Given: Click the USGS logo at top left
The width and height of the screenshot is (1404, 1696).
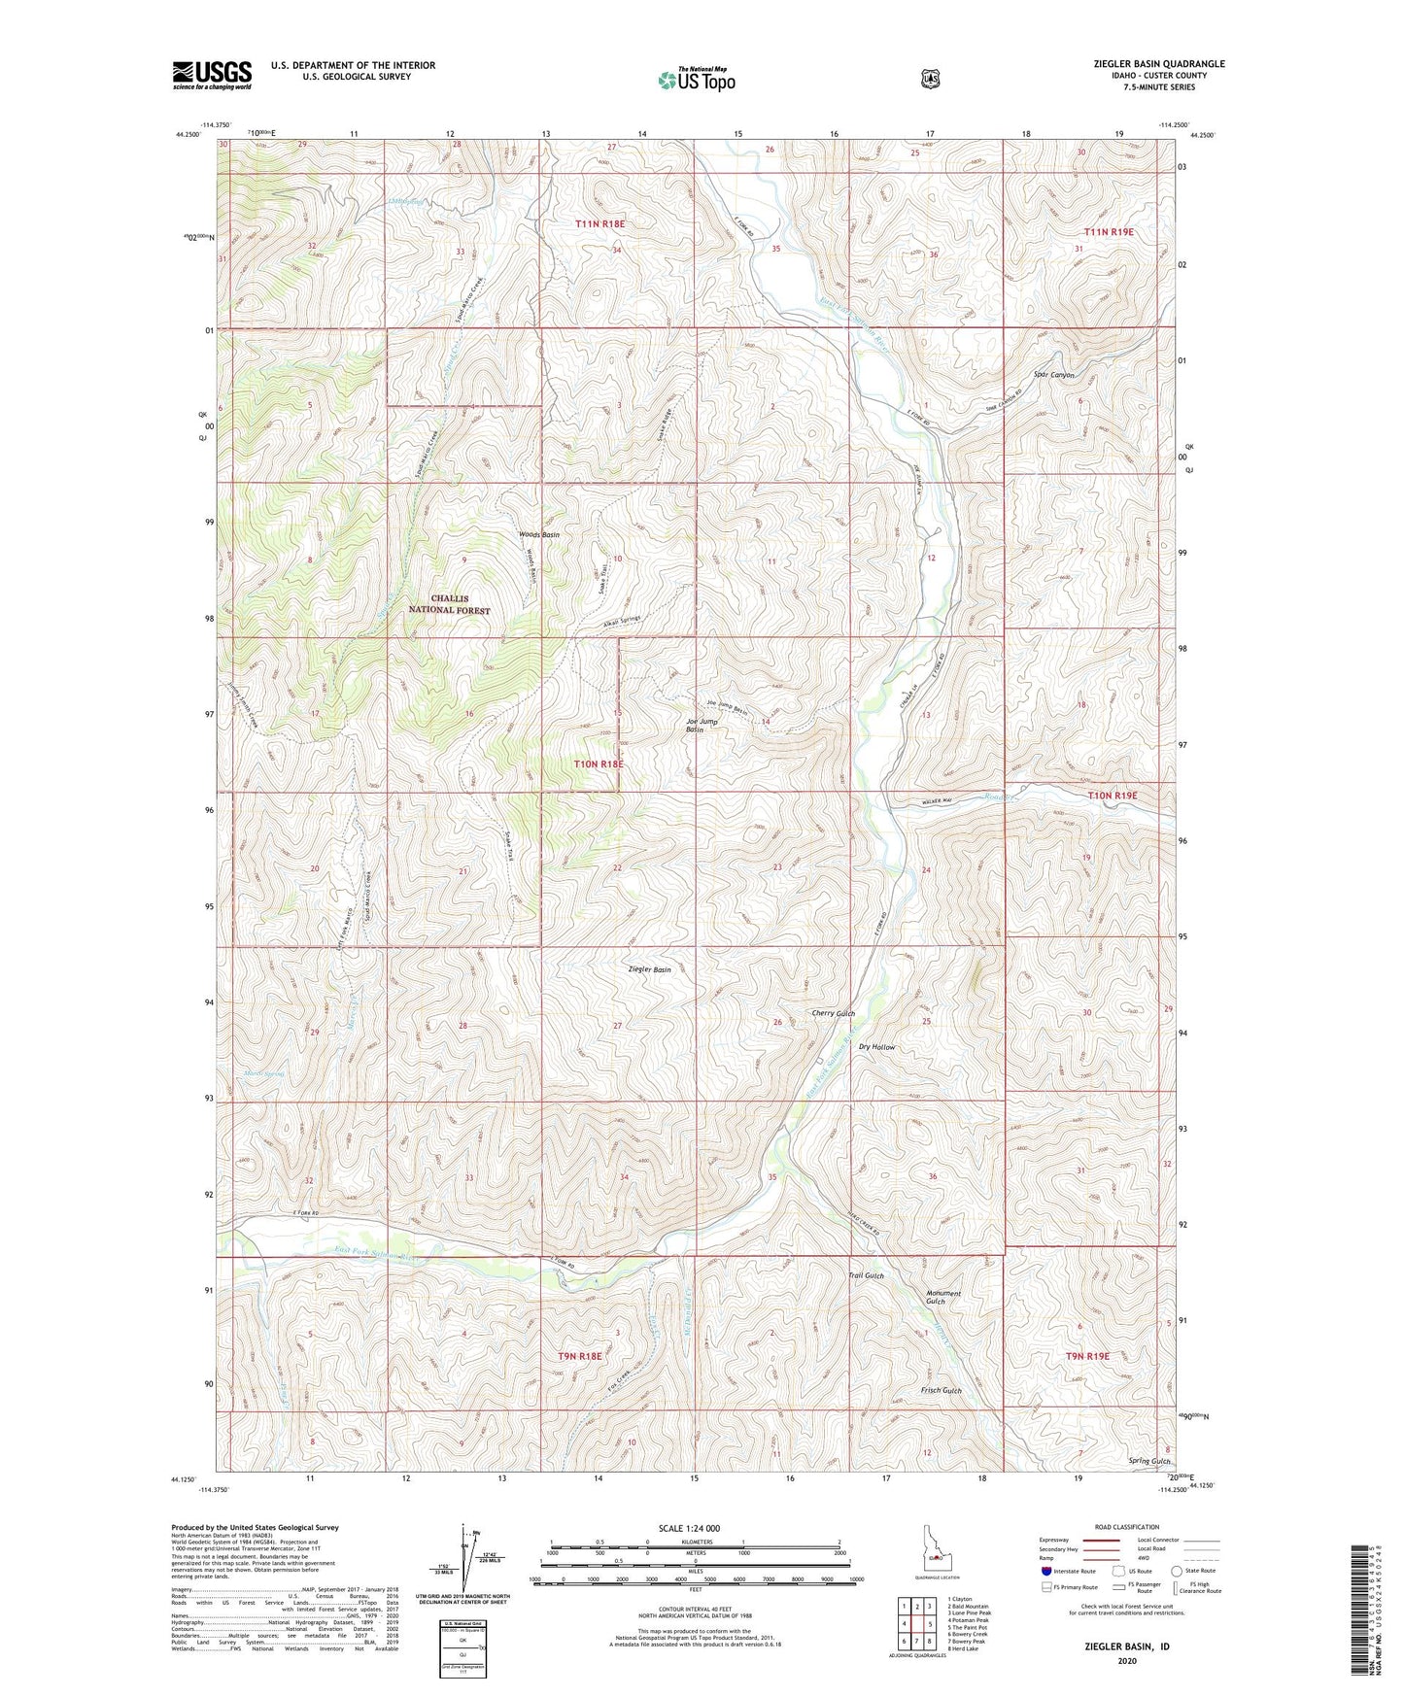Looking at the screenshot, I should [212, 75].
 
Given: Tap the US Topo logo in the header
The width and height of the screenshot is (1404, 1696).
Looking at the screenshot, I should [695, 80].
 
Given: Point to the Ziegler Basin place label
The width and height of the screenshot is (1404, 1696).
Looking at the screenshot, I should [650, 969].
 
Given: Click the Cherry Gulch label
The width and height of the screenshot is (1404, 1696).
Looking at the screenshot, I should [833, 1013].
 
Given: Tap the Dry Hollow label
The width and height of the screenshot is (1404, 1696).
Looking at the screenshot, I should [876, 1047].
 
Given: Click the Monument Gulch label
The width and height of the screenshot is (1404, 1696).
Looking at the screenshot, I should [942, 1297].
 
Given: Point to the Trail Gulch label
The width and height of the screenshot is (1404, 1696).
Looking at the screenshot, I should [866, 1274].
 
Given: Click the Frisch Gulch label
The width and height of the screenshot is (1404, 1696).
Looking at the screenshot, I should [941, 1390].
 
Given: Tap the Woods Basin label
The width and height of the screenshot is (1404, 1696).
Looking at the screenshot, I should [539, 535].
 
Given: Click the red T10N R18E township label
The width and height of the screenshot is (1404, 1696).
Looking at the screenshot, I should [599, 763].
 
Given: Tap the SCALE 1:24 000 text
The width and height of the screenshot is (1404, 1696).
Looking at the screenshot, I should [689, 1528].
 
